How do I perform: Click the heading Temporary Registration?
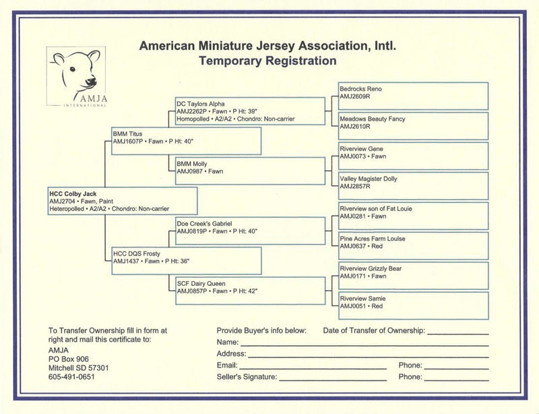(267, 61)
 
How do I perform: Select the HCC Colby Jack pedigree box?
(122, 201)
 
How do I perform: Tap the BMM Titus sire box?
(186, 141)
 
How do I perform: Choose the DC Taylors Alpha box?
(250, 111)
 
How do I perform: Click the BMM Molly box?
(250, 171)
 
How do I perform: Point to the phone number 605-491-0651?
(72, 377)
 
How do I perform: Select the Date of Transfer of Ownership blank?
(457, 332)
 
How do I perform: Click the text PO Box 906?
(69, 358)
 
